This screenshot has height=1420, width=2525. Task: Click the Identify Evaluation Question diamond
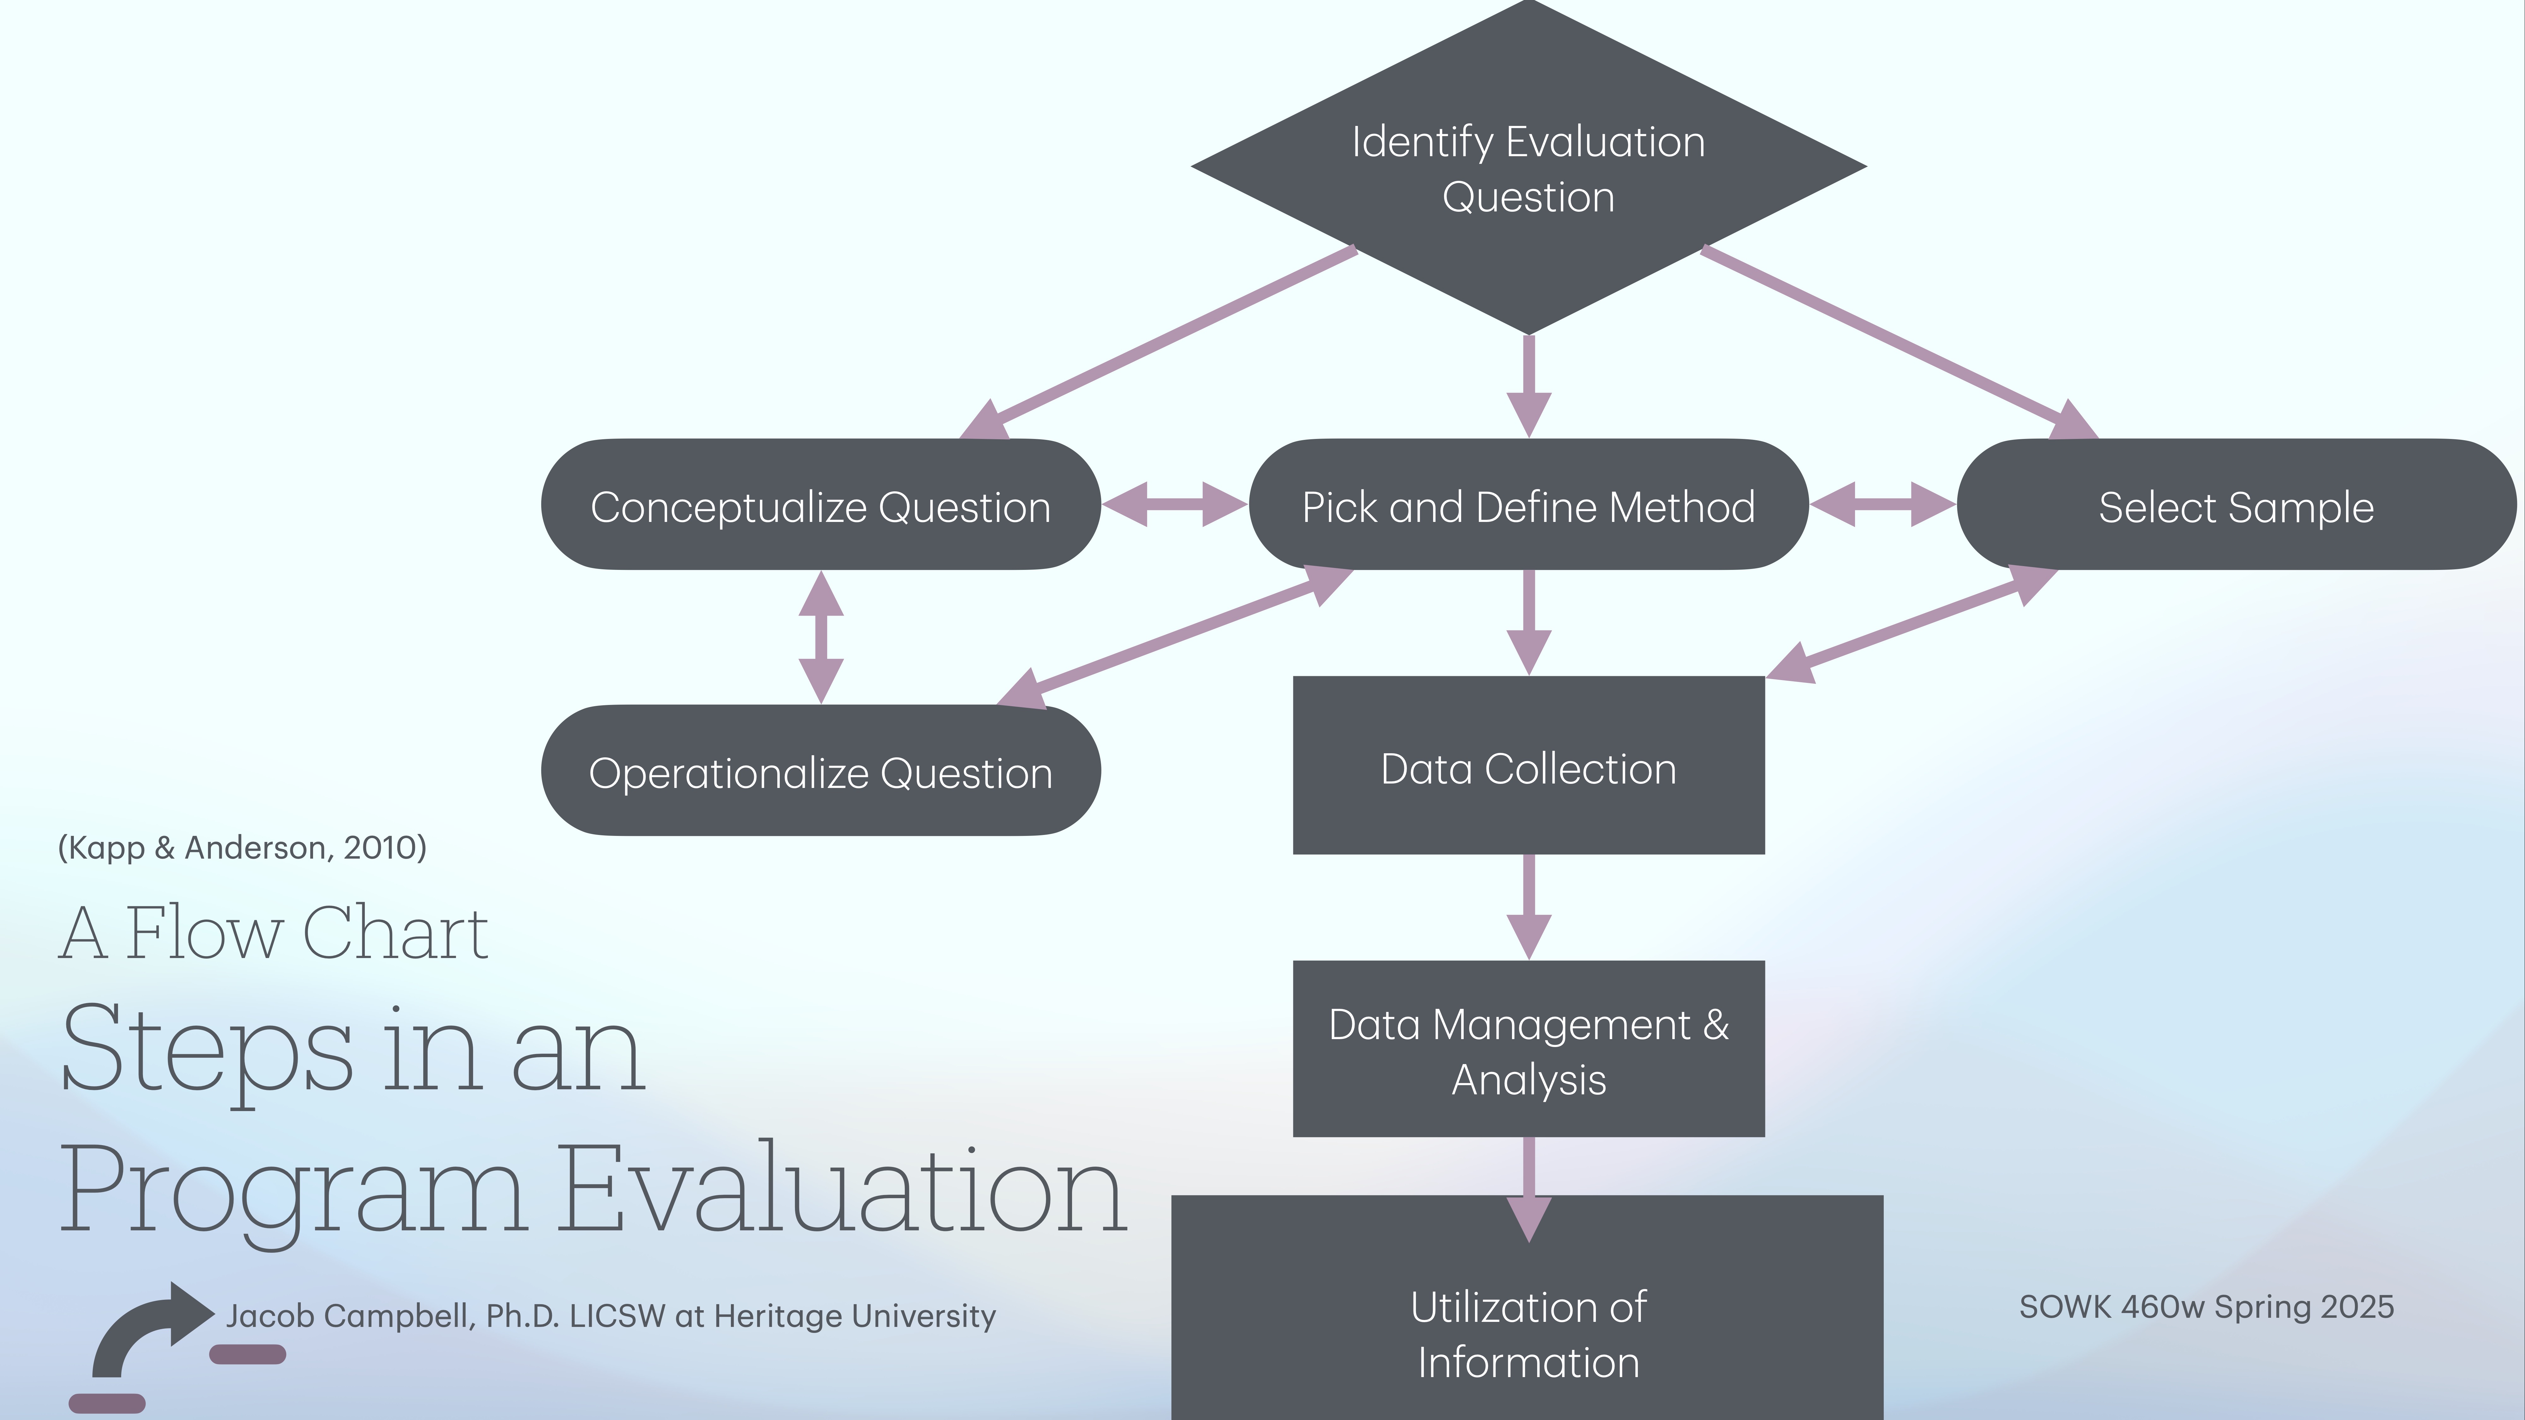click(x=1528, y=169)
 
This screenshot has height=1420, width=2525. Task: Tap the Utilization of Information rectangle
click(x=1528, y=1333)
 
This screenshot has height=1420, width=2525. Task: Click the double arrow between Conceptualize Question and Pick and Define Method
click(x=1174, y=504)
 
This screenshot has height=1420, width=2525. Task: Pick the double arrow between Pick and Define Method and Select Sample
click(x=1882, y=504)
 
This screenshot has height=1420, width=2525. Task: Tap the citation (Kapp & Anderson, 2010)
click(x=242, y=847)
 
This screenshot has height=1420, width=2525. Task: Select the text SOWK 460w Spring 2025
click(x=2205, y=1306)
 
